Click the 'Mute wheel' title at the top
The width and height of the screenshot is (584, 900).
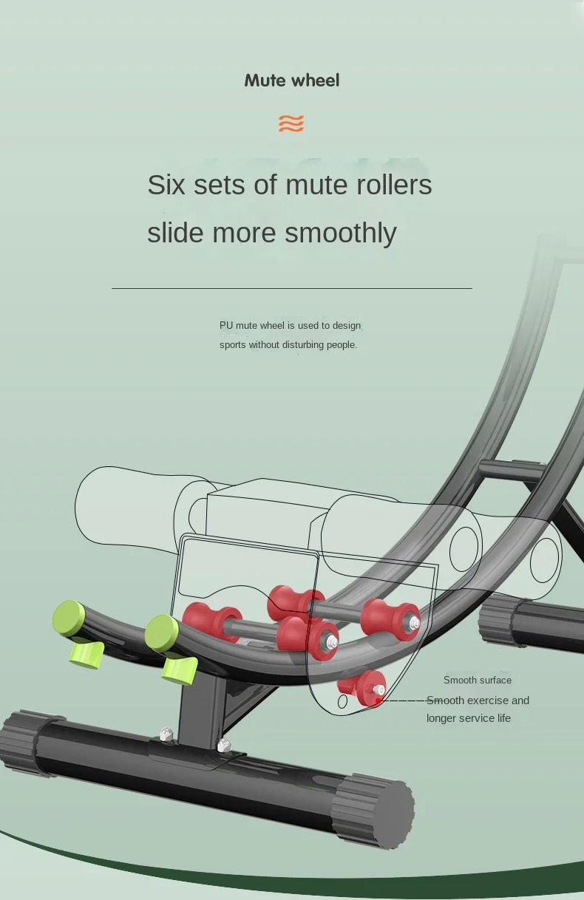click(292, 81)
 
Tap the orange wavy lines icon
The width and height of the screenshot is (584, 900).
click(291, 123)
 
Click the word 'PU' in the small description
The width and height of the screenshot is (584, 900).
click(226, 326)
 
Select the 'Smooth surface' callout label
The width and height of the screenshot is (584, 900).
click(478, 681)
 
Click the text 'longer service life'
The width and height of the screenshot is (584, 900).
click(469, 718)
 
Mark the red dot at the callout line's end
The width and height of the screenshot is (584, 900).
click(378, 700)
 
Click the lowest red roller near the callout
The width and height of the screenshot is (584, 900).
click(367, 687)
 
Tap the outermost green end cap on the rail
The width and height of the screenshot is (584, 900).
click(69, 617)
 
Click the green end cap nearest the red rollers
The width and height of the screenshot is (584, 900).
click(162, 632)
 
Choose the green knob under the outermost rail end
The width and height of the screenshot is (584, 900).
click(86, 655)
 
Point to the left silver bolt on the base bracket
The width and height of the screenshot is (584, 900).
click(166, 734)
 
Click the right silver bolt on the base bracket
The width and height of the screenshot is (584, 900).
click(223, 745)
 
